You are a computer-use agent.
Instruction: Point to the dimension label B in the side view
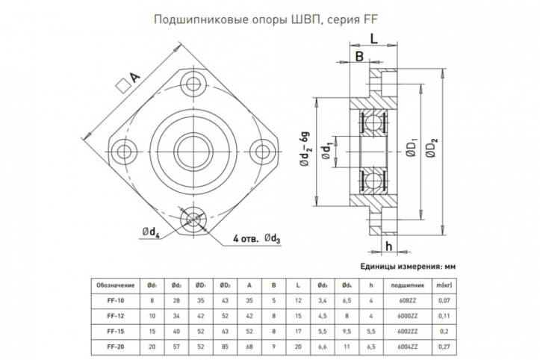(x=359, y=57)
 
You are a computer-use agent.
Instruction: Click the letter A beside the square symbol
(x=135, y=78)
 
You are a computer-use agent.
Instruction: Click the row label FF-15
(x=115, y=330)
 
